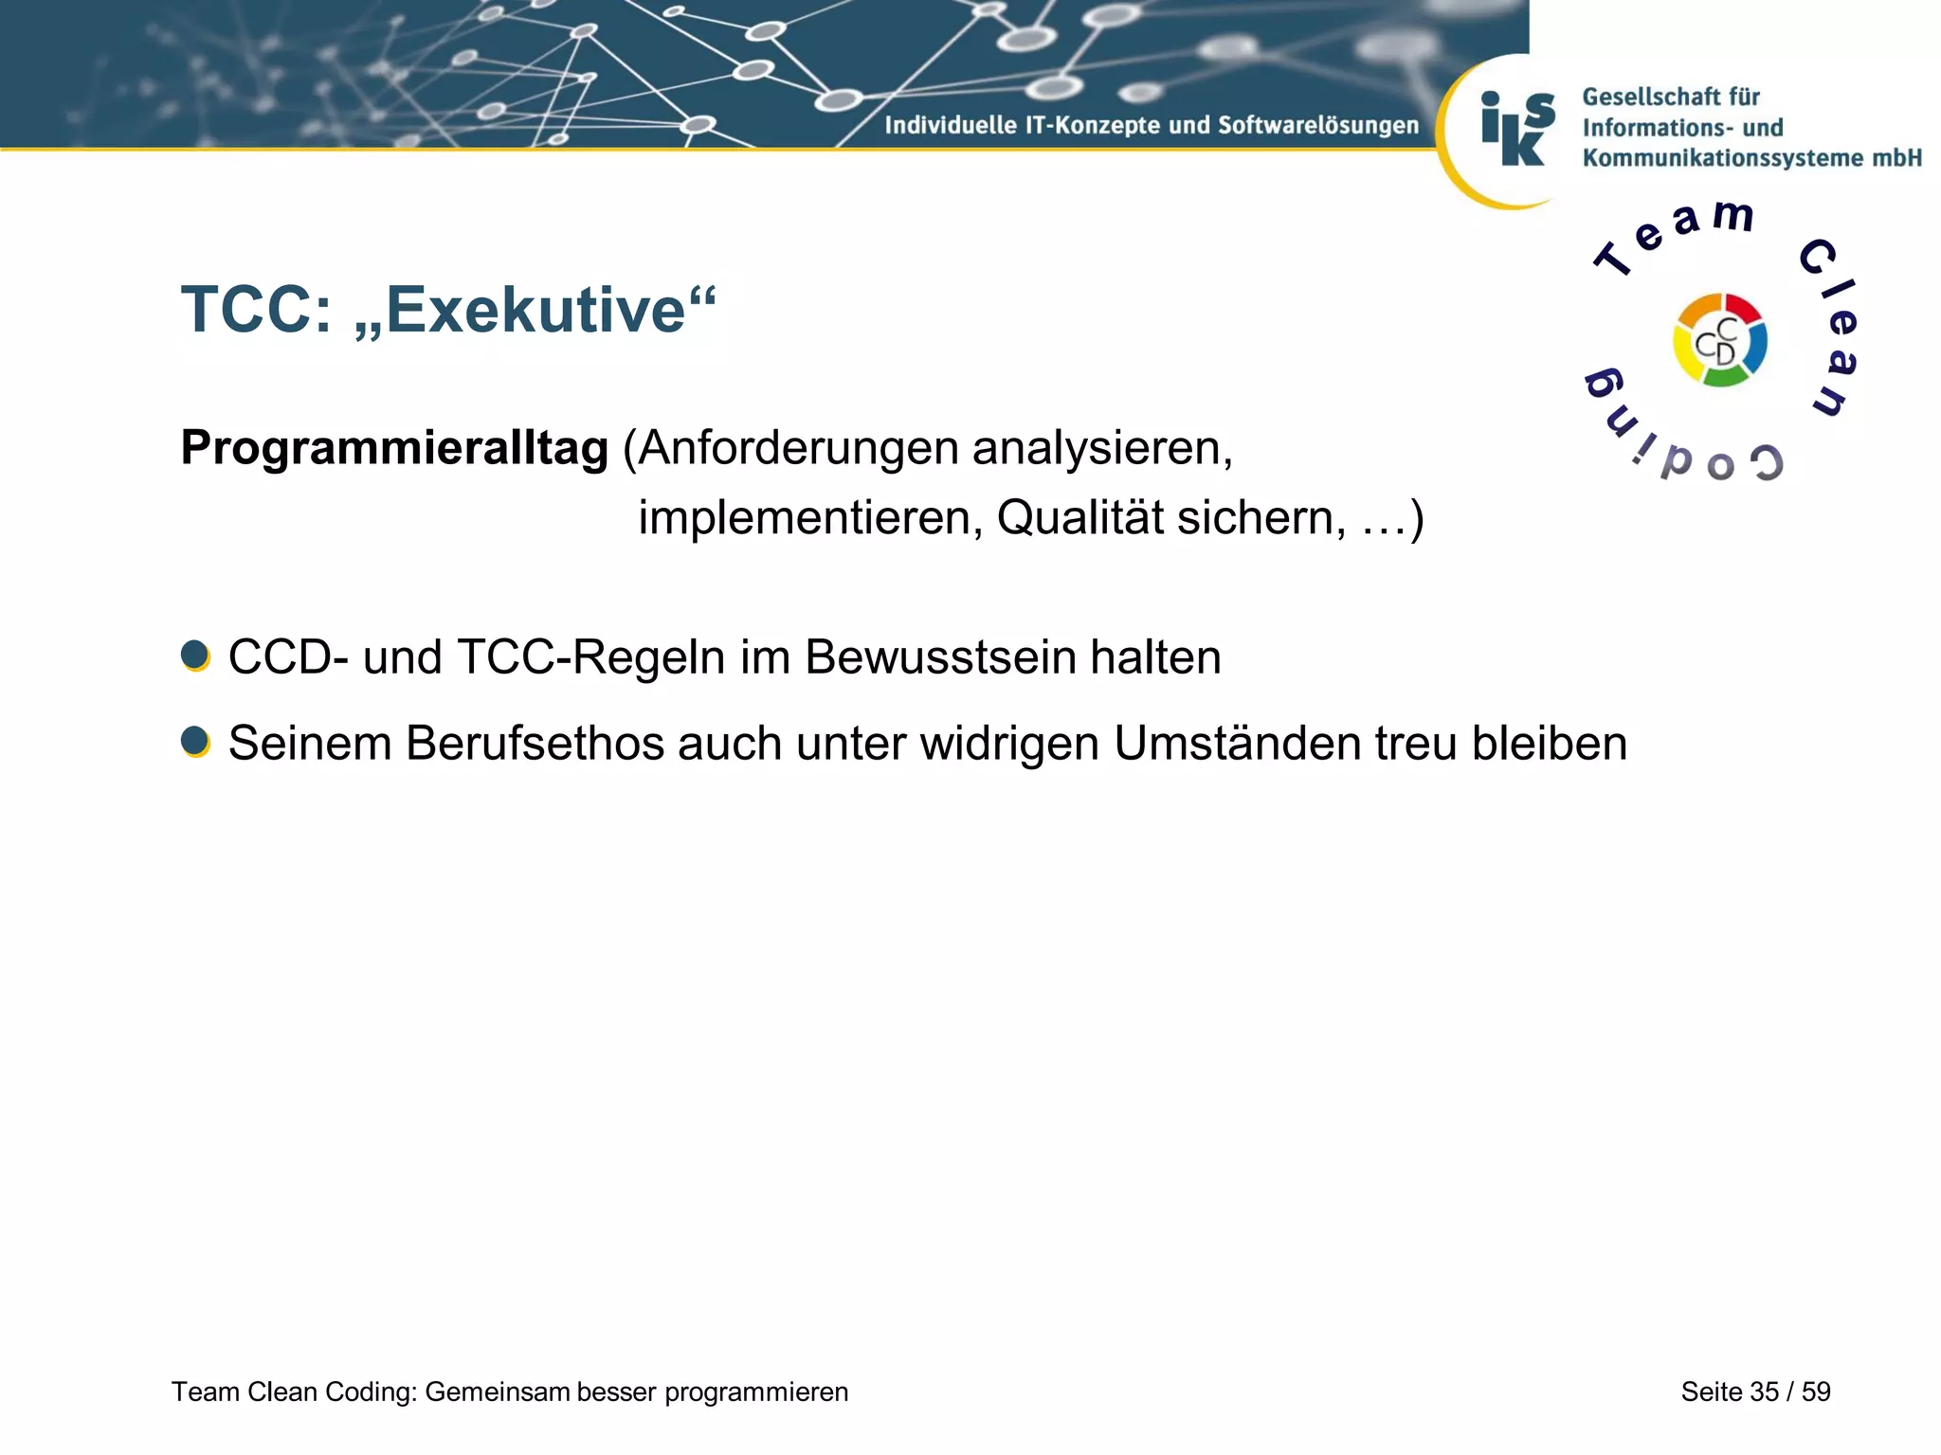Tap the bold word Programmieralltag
[x=394, y=448]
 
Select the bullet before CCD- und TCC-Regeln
[x=195, y=656]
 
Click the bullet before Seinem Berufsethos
[x=195, y=742]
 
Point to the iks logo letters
[x=1517, y=130]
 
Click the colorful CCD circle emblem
[x=1719, y=341]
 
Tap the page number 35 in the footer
[x=1764, y=1392]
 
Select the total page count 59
[x=1816, y=1392]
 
